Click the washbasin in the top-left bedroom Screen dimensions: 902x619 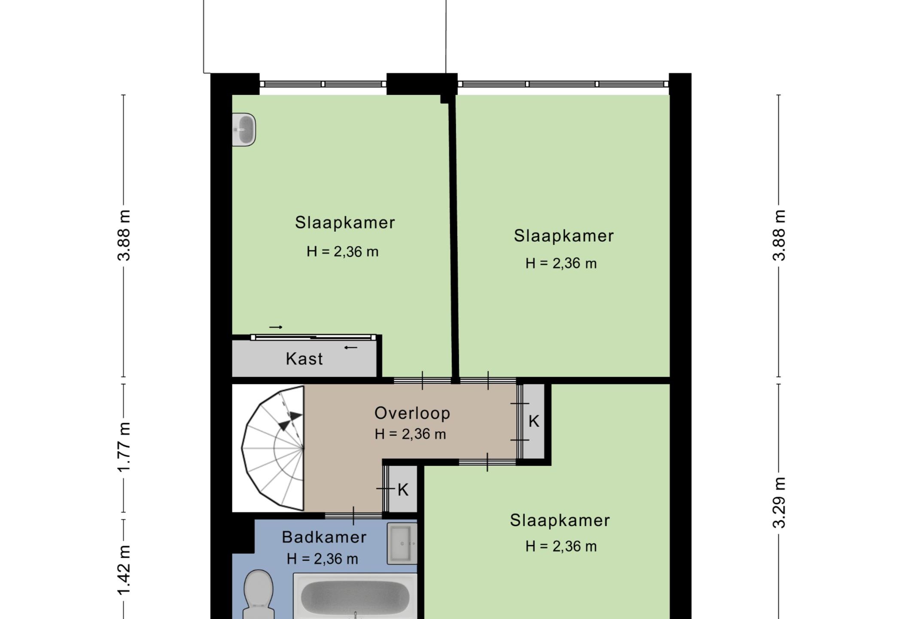point(244,129)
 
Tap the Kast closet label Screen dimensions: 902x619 point(304,359)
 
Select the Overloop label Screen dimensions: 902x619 point(412,413)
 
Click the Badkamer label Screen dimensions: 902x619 point(324,537)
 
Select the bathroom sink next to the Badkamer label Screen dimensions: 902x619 point(402,543)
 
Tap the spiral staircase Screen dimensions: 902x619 point(273,448)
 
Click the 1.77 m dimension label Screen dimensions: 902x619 point(124,447)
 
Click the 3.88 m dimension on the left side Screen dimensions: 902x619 point(124,236)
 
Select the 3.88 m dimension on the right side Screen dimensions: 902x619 point(779,236)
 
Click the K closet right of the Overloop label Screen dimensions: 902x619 point(533,421)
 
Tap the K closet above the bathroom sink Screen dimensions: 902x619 point(402,490)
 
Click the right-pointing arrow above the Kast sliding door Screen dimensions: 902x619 point(276,327)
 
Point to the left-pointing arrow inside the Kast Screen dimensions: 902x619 point(351,347)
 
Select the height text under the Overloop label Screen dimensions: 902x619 point(410,434)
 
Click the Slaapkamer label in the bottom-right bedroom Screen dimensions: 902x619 point(560,521)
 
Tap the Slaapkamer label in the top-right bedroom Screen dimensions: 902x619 point(564,236)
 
